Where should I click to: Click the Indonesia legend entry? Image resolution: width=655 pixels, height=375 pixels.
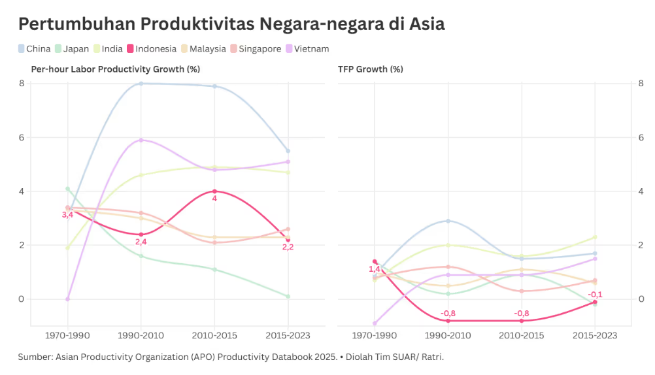pos(152,49)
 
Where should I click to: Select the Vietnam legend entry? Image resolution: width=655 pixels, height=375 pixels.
pos(307,49)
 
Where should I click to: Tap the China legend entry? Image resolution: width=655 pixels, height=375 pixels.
pos(34,49)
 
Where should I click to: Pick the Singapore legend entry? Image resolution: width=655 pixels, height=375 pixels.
pos(256,49)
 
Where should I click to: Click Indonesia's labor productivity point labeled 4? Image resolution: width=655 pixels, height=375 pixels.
pos(214,191)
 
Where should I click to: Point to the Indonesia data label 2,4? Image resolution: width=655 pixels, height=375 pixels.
pos(141,242)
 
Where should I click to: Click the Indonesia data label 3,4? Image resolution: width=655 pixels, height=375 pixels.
pos(67,215)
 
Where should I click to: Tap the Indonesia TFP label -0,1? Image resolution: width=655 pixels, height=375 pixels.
pos(595,295)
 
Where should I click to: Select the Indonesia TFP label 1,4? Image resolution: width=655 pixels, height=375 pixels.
pos(375,269)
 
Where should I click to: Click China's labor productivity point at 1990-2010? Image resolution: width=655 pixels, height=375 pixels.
pos(141,84)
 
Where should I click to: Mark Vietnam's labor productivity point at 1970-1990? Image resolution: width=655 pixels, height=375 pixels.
pos(68,299)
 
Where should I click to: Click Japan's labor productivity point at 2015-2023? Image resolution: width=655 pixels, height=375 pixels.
pos(288,297)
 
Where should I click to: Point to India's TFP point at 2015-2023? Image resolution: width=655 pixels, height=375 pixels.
pos(595,237)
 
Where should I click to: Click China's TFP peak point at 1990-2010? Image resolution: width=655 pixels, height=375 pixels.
pos(448,221)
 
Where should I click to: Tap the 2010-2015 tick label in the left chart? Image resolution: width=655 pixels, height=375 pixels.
pos(214,335)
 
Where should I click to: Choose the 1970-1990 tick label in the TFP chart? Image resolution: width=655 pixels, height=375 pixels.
pos(375,335)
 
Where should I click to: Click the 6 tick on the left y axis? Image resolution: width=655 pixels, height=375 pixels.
pos(22,137)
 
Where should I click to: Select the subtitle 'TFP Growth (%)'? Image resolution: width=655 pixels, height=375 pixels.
pos(371,69)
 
